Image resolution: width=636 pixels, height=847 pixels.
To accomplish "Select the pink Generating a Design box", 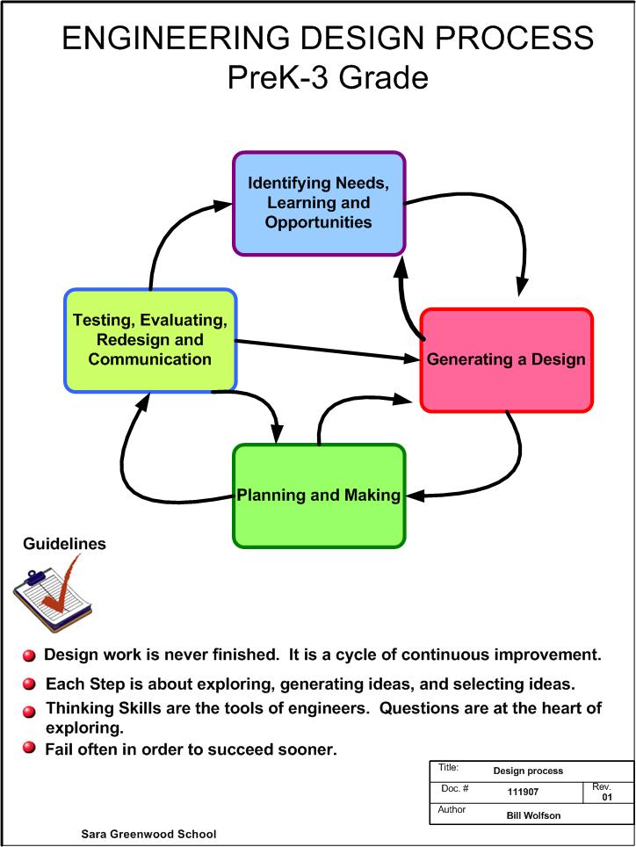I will pos(506,359).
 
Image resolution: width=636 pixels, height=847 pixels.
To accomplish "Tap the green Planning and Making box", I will pos(318,495).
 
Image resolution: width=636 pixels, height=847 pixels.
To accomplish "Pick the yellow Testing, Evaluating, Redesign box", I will pos(150,339).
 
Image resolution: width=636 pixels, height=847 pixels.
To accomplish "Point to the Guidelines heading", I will pos(64,544).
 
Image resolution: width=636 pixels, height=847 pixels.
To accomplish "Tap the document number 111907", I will pos(523,792).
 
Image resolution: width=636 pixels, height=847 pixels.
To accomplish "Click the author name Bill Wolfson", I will pos(533,814).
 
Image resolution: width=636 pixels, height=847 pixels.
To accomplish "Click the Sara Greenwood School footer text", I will pos(148,834).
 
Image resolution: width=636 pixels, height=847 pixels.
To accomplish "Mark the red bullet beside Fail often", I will pos(29,748).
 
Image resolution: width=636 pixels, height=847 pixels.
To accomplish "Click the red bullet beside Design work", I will pos(29,655).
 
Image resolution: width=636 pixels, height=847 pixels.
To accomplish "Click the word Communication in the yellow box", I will pos(150,358).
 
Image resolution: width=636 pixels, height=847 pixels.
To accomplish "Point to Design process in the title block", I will pos(528,771).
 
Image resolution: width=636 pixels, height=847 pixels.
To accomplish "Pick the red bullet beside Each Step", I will pos(29,684).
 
